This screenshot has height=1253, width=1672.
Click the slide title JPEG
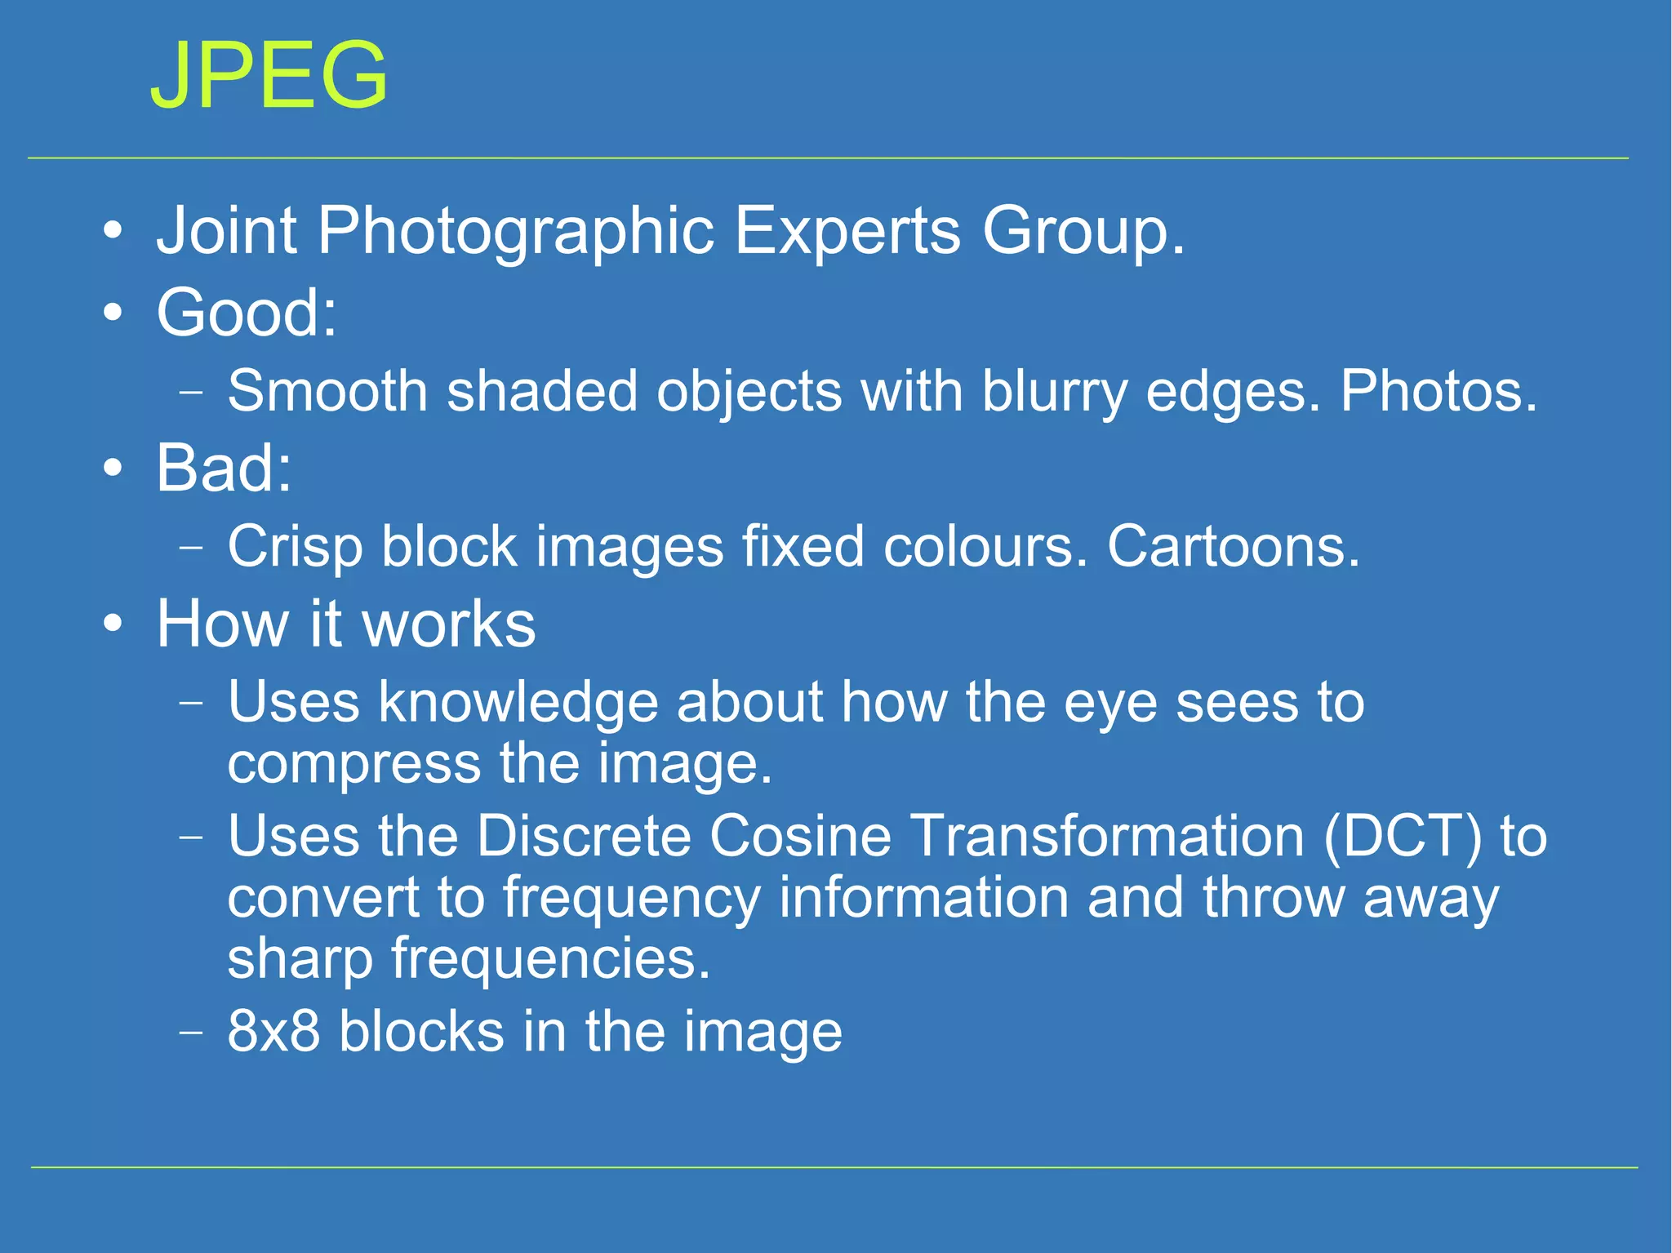(269, 75)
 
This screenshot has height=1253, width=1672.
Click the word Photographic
(516, 233)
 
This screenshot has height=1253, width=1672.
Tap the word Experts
(847, 233)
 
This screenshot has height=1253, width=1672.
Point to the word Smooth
(327, 390)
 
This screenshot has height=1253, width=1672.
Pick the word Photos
(1438, 390)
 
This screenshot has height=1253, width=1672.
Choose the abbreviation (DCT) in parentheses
(1402, 838)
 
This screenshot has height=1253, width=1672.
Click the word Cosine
(800, 836)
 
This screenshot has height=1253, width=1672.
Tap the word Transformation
(1107, 836)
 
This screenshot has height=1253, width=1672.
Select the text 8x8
(273, 1031)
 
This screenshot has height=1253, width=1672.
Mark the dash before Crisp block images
(190, 547)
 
